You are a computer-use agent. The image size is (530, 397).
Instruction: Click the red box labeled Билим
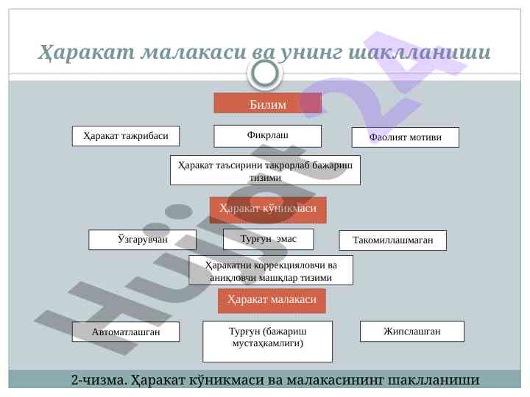(267, 103)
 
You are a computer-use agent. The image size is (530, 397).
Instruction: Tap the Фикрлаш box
(267, 136)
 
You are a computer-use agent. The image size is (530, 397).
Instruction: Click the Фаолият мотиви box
(405, 137)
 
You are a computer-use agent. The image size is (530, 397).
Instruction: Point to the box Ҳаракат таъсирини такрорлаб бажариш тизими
(265, 170)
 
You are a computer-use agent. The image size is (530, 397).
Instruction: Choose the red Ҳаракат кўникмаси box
(268, 210)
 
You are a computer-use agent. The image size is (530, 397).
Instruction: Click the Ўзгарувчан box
(143, 240)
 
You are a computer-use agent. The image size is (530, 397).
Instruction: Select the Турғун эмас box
(268, 240)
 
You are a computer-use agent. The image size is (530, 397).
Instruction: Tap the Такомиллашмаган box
(393, 240)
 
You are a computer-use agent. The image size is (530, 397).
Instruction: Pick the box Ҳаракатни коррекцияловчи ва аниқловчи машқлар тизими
(271, 270)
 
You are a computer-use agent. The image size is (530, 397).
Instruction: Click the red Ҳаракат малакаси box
(272, 301)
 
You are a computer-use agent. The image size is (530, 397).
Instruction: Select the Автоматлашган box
(126, 332)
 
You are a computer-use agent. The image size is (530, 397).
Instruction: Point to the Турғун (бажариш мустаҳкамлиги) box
(267, 340)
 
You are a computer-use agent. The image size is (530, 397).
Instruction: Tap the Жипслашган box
(411, 332)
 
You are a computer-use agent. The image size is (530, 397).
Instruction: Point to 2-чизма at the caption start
(97, 380)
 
